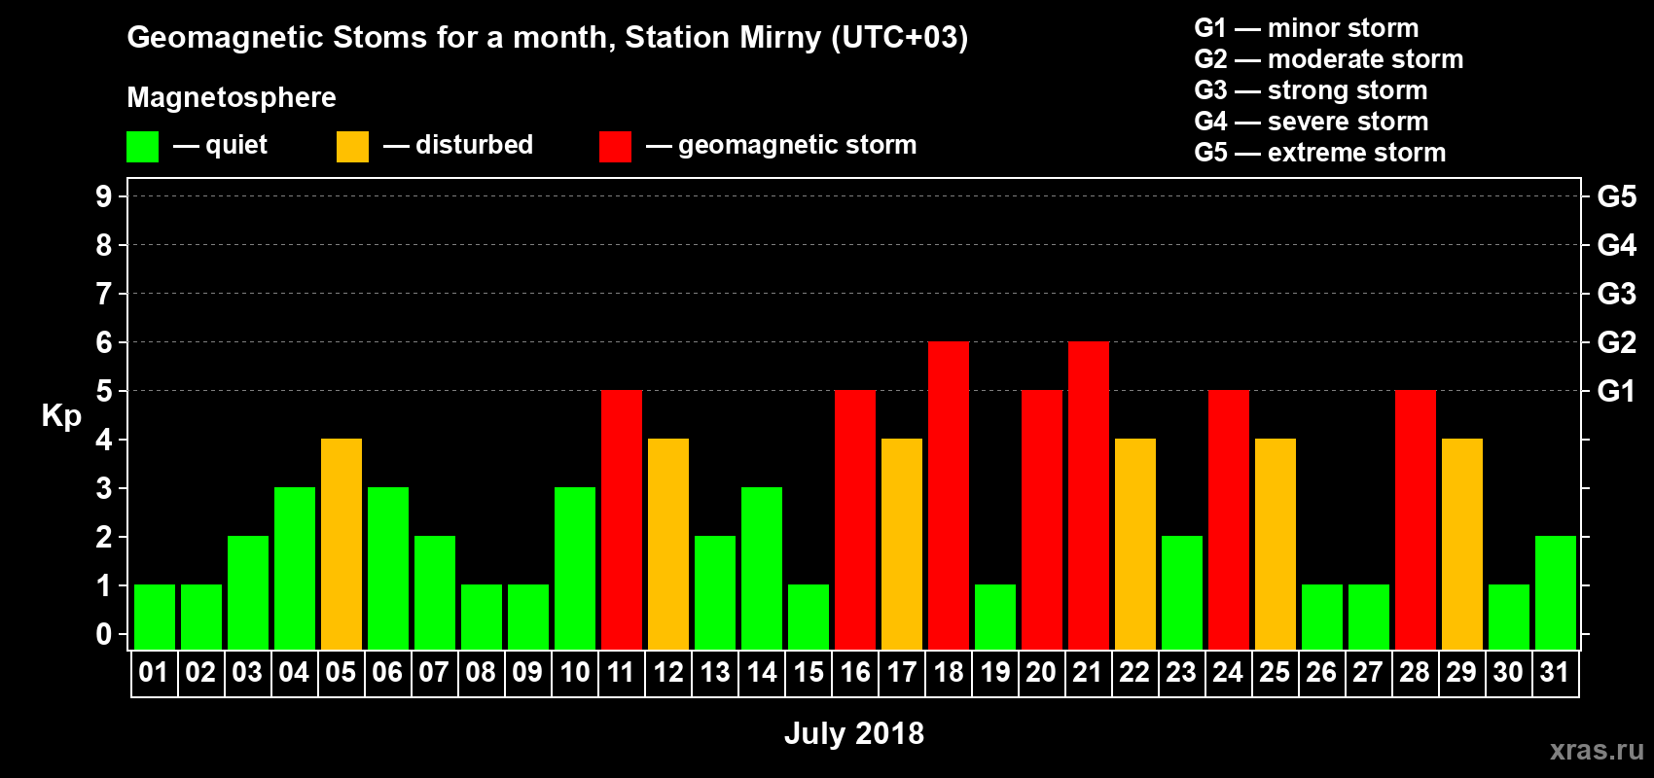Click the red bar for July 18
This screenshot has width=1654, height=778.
pos(948,495)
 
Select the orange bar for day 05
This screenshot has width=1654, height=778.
pos(342,544)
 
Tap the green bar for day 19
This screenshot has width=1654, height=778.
pos(995,618)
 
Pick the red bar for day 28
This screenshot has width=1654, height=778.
pos(1416,519)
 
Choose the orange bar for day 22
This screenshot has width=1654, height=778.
pos(1134,544)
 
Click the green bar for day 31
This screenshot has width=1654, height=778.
pos(1556,592)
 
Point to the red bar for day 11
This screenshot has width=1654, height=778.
pos(622,519)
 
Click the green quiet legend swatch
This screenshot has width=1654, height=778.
pos(142,146)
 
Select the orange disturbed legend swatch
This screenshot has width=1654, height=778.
pos(352,146)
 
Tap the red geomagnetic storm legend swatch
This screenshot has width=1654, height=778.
pos(615,146)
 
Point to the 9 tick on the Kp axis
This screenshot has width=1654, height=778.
pos(103,196)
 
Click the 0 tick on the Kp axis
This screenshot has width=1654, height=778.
pos(103,634)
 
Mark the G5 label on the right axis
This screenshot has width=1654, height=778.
pos(1616,196)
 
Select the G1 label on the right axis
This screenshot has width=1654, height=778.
pos(1616,391)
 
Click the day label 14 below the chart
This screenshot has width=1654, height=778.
pos(761,672)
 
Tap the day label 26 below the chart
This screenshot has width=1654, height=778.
pos(1321,672)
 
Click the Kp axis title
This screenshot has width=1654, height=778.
pos(61,416)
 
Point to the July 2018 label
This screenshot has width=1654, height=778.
pos(853,733)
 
